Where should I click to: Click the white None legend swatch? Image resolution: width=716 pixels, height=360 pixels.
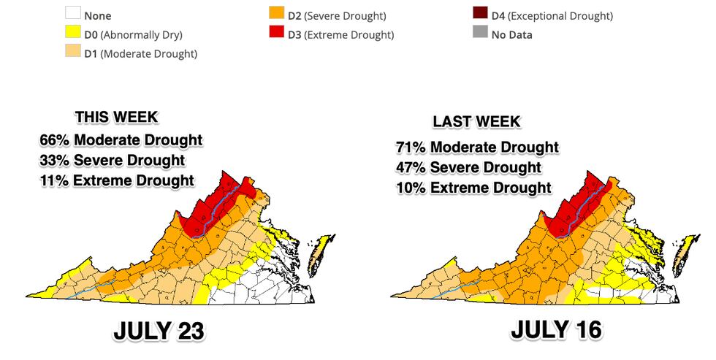(72, 15)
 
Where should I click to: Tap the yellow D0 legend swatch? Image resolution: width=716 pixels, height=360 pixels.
(72, 34)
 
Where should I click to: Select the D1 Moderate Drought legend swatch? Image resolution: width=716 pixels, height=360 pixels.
(72, 53)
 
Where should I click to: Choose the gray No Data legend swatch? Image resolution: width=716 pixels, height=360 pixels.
(479, 34)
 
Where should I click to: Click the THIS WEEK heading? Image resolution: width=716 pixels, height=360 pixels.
(115, 118)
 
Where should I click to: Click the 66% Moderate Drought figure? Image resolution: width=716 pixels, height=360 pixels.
(121, 139)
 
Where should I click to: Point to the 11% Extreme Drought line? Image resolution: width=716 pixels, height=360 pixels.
(117, 180)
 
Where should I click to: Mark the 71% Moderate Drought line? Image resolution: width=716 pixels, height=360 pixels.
(476, 148)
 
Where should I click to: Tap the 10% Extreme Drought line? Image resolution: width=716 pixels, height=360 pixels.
(471, 187)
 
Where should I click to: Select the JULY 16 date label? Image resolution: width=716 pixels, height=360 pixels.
(557, 329)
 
